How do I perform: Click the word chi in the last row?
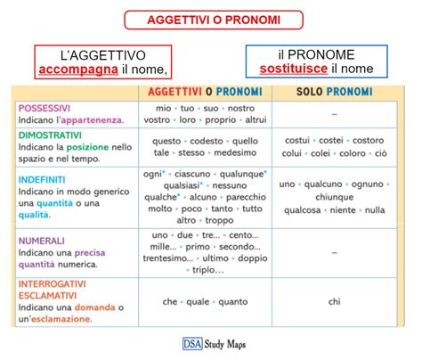[334, 302]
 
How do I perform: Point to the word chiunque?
[334, 197]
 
